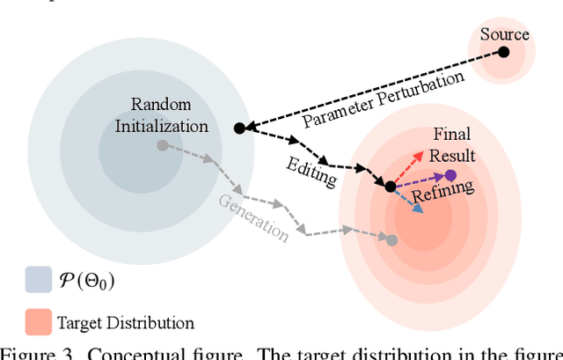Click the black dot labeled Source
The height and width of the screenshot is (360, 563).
coord(504,52)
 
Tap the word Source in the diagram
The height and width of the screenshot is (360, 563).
coord(504,34)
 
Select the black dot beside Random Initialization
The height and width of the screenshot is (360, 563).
coord(238,129)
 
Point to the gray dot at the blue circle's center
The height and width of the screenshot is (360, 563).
coord(162,145)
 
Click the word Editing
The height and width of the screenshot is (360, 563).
coord(312,171)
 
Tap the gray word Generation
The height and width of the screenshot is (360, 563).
coord(255,217)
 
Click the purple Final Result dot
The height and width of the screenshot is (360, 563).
coord(450,175)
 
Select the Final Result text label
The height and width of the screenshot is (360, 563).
coord(452,145)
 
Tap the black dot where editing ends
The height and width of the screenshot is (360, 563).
coord(391,186)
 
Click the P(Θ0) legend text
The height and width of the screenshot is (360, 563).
coord(87,282)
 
